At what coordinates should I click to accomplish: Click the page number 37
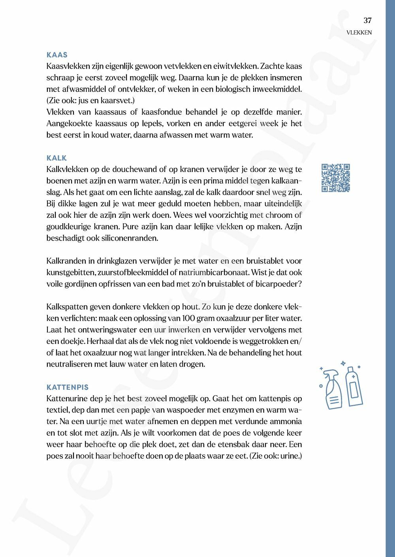(367, 21)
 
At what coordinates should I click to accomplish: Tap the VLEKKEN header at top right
(359, 33)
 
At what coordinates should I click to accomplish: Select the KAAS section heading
(57, 55)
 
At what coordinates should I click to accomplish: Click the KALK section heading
(56, 158)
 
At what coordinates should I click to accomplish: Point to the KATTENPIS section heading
(68, 387)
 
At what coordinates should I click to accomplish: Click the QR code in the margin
(336, 178)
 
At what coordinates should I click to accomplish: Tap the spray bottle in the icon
(332, 388)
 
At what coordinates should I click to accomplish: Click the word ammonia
(284, 421)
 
